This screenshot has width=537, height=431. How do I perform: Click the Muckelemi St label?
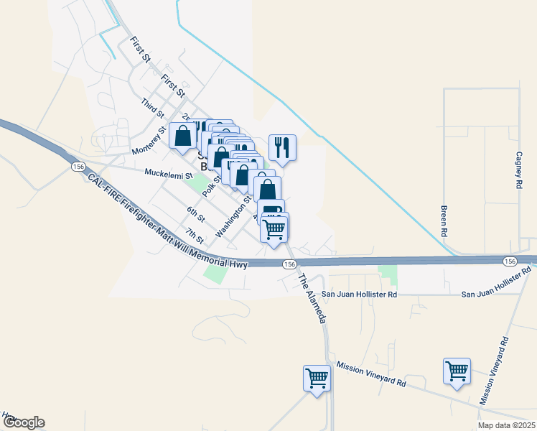(x=169, y=173)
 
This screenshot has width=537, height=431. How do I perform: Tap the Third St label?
(x=153, y=108)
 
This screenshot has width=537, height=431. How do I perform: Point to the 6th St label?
(x=196, y=213)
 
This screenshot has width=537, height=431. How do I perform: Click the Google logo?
(x=24, y=422)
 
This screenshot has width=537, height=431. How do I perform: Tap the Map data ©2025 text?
(x=506, y=425)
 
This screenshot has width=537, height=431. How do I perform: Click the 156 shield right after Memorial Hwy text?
(x=289, y=265)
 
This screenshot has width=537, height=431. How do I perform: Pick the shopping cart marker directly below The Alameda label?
(x=317, y=377)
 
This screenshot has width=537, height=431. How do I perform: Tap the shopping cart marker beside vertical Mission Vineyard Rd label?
(x=457, y=371)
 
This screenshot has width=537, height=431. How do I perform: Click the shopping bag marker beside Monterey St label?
(x=183, y=135)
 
